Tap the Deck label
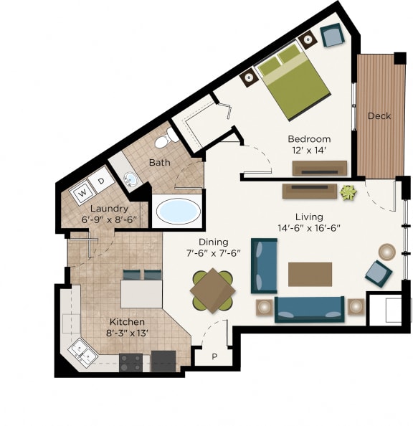click(379, 116)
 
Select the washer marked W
click(82, 191)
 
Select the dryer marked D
click(101, 181)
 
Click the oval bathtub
click(178, 211)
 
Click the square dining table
click(212, 290)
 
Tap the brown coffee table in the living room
click(310, 274)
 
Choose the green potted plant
click(348, 192)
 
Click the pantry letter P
click(214, 356)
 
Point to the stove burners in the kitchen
click(130, 362)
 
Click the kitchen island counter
click(141, 293)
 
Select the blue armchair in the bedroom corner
click(331, 35)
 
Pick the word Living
click(309, 217)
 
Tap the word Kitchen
click(127, 322)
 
